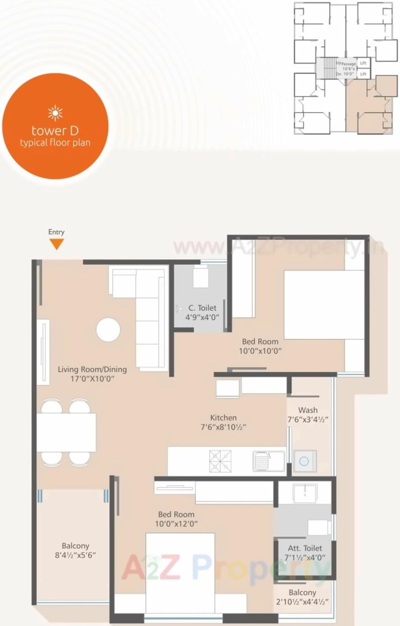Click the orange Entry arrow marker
point(56,244)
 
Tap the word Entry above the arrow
point(56,232)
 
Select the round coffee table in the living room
point(108,329)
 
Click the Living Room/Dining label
point(92,369)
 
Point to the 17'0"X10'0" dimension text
point(92,379)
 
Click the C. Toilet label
point(202,308)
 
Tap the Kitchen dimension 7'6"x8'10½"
point(223,427)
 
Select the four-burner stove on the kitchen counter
point(220,461)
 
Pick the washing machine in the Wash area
point(304,461)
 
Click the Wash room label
point(308,410)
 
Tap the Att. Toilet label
point(305,548)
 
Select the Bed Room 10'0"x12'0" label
point(176,519)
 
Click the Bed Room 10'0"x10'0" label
point(260,346)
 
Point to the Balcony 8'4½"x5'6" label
point(75,550)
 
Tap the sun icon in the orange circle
point(55,113)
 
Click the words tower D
point(55,130)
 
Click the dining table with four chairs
point(66,432)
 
